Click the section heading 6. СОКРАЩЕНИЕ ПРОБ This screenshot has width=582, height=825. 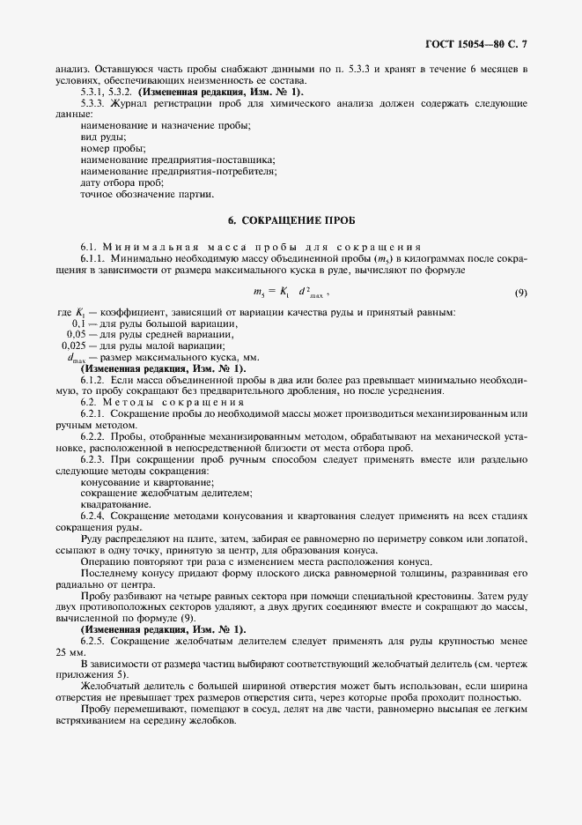click(291, 219)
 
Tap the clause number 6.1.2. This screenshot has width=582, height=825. click(93, 378)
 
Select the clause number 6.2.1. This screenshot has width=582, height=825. click(93, 412)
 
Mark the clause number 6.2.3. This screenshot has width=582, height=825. click(93, 459)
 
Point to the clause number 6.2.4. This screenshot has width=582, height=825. click(93, 514)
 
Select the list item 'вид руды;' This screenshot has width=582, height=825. click(102, 137)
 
